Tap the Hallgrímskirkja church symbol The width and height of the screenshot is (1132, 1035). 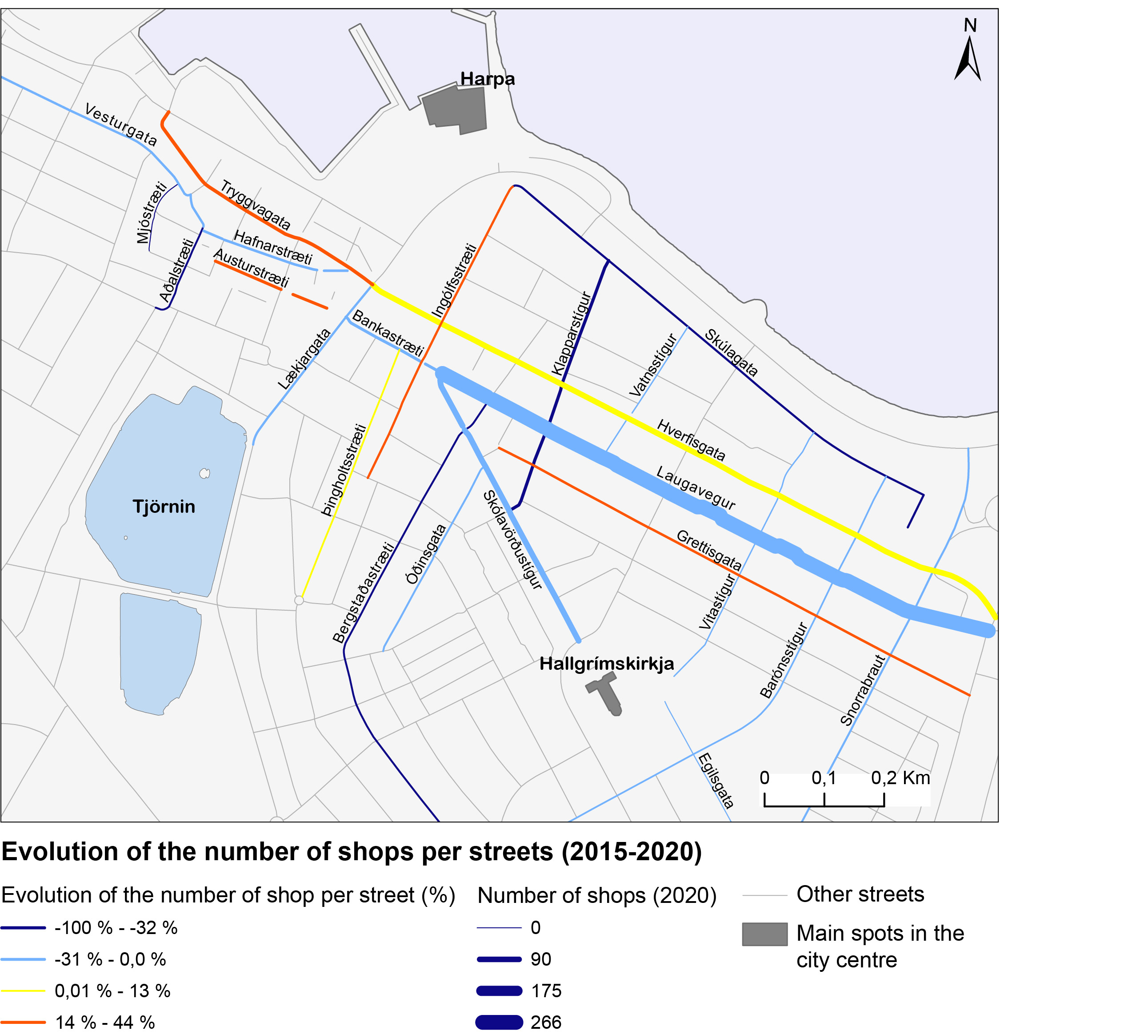(605, 694)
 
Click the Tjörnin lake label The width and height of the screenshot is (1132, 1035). (164, 507)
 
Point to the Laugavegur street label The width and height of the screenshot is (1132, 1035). (696, 488)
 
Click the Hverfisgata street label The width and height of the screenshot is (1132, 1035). (691, 440)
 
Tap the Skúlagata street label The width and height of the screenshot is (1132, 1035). (731, 352)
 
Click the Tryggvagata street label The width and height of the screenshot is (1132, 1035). (256, 205)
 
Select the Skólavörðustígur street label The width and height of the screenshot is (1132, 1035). (512, 540)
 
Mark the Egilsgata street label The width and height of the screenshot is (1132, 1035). (716, 780)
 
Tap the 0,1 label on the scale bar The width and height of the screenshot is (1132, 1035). (824, 778)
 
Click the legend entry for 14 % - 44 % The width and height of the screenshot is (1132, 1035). (104, 1022)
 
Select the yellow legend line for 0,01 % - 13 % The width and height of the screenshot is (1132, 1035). (23, 991)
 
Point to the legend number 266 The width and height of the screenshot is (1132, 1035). (546, 1022)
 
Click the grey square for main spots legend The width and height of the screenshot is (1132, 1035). (764, 934)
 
